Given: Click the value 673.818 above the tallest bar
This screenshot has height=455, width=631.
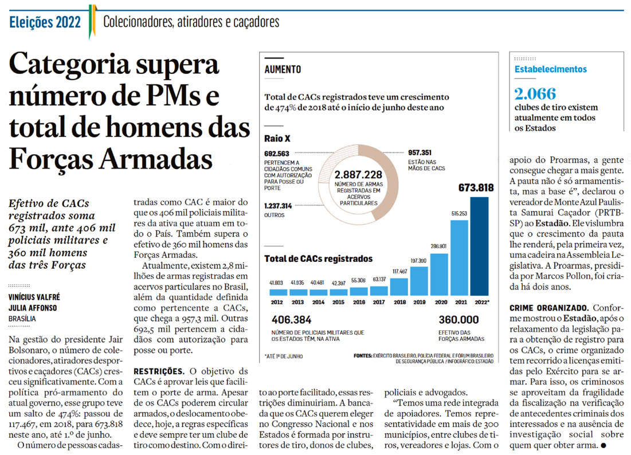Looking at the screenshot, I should pyautogui.click(x=476, y=187).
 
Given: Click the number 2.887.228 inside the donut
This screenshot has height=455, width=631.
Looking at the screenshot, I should pyautogui.click(x=358, y=175).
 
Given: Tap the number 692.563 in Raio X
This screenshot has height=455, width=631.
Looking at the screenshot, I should pyautogui.click(x=277, y=154).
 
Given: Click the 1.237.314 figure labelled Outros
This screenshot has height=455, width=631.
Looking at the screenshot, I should pyautogui.click(x=279, y=206).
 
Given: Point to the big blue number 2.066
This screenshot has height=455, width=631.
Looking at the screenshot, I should pyautogui.click(x=535, y=94).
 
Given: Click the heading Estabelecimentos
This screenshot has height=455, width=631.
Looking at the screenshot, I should pyautogui.click(x=551, y=69).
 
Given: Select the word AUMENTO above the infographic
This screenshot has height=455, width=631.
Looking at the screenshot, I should pyautogui.click(x=283, y=70).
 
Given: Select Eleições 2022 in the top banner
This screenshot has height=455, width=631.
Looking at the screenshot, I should pyautogui.click(x=45, y=22).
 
